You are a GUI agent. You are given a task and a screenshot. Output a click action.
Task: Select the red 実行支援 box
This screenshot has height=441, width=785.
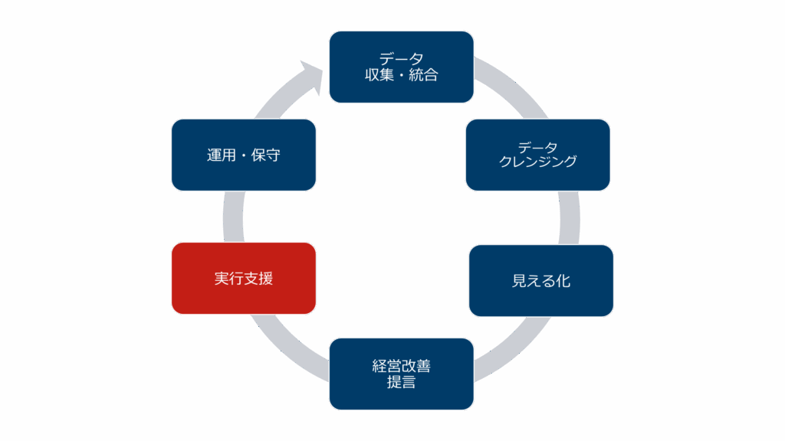[x=244, y=278]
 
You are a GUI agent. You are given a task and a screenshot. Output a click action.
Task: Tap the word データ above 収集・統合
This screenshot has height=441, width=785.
[x=401, y=59]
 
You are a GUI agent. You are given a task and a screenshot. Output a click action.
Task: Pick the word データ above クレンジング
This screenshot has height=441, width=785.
[x=537, y=147]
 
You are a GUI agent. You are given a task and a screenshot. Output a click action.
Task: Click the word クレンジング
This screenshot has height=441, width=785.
[x=537, y=162]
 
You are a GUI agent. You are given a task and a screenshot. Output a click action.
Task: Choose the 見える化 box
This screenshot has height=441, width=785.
[x=541, y=280]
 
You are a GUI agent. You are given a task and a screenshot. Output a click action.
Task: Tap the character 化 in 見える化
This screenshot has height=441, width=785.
[x=563, y=280]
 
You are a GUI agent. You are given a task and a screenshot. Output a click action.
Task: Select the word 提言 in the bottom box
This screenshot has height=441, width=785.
[x=401, y=382]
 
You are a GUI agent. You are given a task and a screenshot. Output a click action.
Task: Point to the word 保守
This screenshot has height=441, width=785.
[x=265, y=155]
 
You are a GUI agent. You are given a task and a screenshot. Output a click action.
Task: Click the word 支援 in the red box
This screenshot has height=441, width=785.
[x=258, y=278]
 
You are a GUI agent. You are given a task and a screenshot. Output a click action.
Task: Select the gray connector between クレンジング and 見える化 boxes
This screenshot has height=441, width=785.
[x=569, y=217]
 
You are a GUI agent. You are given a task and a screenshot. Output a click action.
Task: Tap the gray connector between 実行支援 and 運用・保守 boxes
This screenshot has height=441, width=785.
[x=233, y=217]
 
